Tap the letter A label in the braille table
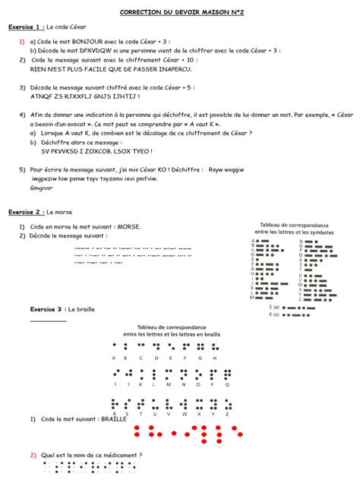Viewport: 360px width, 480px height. coord(115,357)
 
